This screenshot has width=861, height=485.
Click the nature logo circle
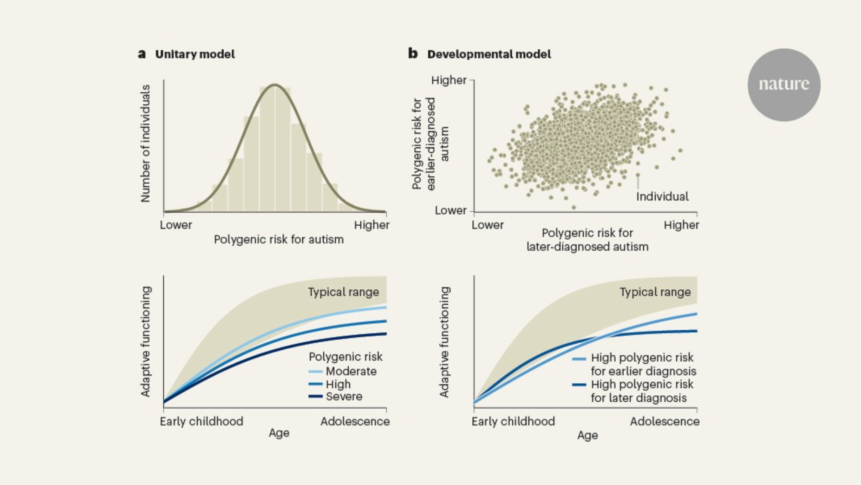tap(784, 84)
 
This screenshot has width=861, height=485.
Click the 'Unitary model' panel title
tap(195, 54)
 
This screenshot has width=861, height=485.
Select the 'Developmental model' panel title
tap(489, 54)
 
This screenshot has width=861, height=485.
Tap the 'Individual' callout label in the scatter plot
tap(662, 197)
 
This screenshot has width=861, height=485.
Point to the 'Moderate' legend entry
tap(350, 371)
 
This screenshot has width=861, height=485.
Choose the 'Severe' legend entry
tap(344, 397)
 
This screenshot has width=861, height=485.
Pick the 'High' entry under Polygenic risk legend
tap(338, 384)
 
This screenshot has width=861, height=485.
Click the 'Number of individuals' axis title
tap(146, 143)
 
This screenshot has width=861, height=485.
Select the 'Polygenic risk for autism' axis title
tap(279, 240)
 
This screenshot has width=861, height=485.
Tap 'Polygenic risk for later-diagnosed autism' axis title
tap(587, 240)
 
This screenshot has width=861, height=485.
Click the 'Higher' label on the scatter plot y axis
tap(449, 80)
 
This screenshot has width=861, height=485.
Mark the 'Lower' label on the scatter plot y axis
tap(450, 210)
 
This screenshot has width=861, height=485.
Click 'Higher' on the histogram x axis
tap(372, 225)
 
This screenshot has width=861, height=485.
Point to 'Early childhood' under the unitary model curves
tap(201, 421)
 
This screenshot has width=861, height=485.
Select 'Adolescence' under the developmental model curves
tap(664, 421)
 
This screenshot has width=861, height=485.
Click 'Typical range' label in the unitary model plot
tap(343, 292)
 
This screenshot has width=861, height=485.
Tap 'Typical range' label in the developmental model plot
tap(655, 292)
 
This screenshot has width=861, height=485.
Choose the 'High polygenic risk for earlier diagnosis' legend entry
tap(643, 364)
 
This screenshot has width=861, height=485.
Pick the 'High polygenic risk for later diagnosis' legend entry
tap(641, 391)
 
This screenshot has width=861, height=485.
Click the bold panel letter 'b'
tap(413, 54)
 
